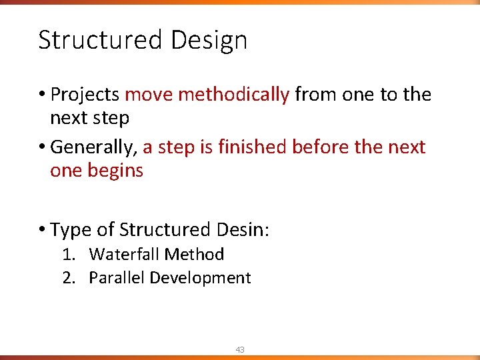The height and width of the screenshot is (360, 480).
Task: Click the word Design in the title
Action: tap(209, 41)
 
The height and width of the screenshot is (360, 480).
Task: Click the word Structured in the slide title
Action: tap(101, 40)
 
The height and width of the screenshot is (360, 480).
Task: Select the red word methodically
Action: tap(234, 95)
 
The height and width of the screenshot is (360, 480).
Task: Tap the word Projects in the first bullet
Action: tap(85, 95)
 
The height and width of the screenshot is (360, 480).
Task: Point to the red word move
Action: tap(149, 95)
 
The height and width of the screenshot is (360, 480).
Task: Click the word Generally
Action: tap(93, 147)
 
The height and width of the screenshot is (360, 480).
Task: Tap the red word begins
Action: tap(115, 171)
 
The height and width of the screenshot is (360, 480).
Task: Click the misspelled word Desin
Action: tap(241, 230)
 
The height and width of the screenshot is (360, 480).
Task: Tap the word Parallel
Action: tap(117, 278)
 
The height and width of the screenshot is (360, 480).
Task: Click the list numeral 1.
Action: tap(67, 255)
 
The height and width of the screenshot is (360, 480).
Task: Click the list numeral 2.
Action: tap(68, 278)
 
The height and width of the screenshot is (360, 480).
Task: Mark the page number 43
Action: tap(239, 349)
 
